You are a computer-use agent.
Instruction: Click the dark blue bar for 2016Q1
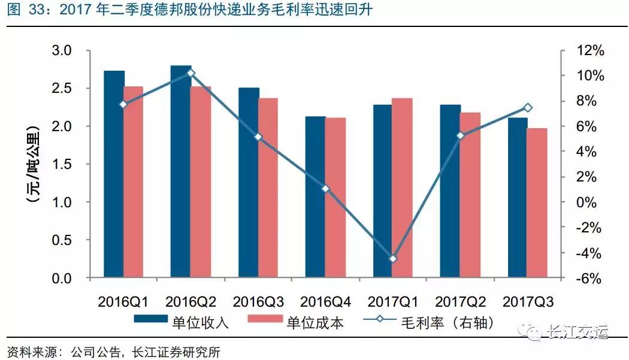(x=114, y=174)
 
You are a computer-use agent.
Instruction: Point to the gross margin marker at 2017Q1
(x=393, y=259)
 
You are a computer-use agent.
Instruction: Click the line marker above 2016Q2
(x=190, y=73)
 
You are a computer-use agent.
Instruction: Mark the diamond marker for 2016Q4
(x=325, y=189)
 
